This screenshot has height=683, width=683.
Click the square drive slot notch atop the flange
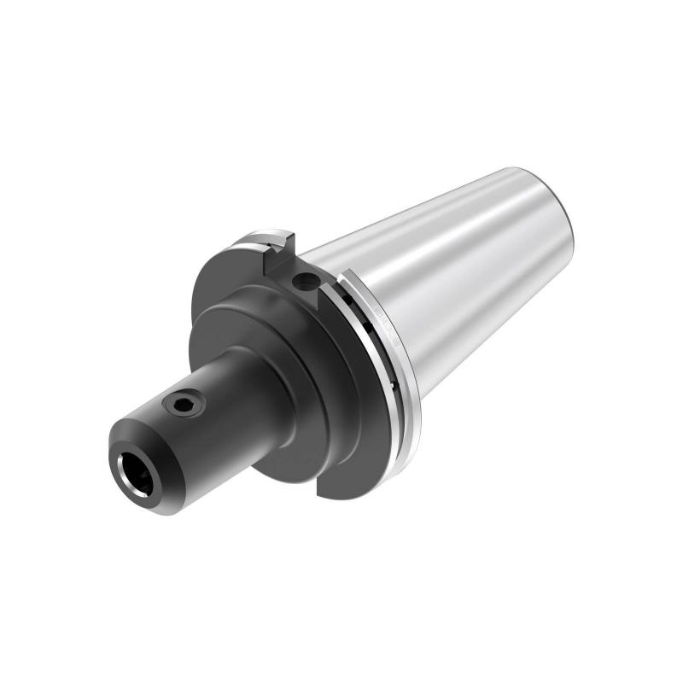click(x=280, y=247)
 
